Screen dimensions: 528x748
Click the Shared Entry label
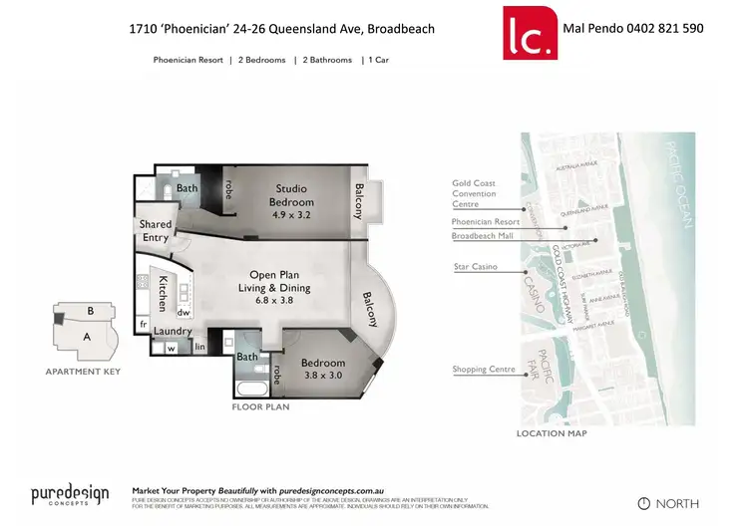point(156,231)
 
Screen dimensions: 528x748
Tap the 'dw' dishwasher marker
point(185,312)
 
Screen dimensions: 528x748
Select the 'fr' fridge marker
point(144,324)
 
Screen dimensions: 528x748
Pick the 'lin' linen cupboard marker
point(199,348)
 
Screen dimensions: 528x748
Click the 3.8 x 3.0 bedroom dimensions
point(323,377)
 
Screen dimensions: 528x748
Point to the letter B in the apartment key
point(90,311)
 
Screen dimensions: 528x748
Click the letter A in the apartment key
point(87,337)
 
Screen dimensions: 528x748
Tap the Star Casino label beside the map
point(476,267)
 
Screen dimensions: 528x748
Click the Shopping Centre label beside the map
point(484,370)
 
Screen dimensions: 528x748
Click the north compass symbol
point(643,503)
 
